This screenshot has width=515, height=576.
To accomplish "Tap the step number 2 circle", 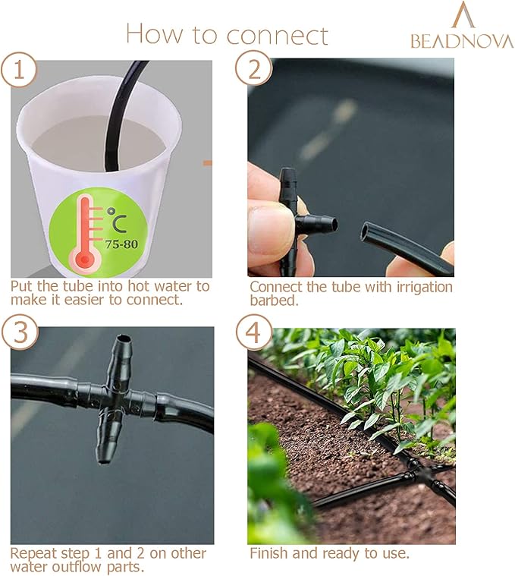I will point(253,70).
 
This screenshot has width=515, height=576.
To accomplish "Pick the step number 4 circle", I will point(253,332).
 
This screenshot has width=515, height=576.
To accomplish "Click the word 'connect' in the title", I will point(277,34).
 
